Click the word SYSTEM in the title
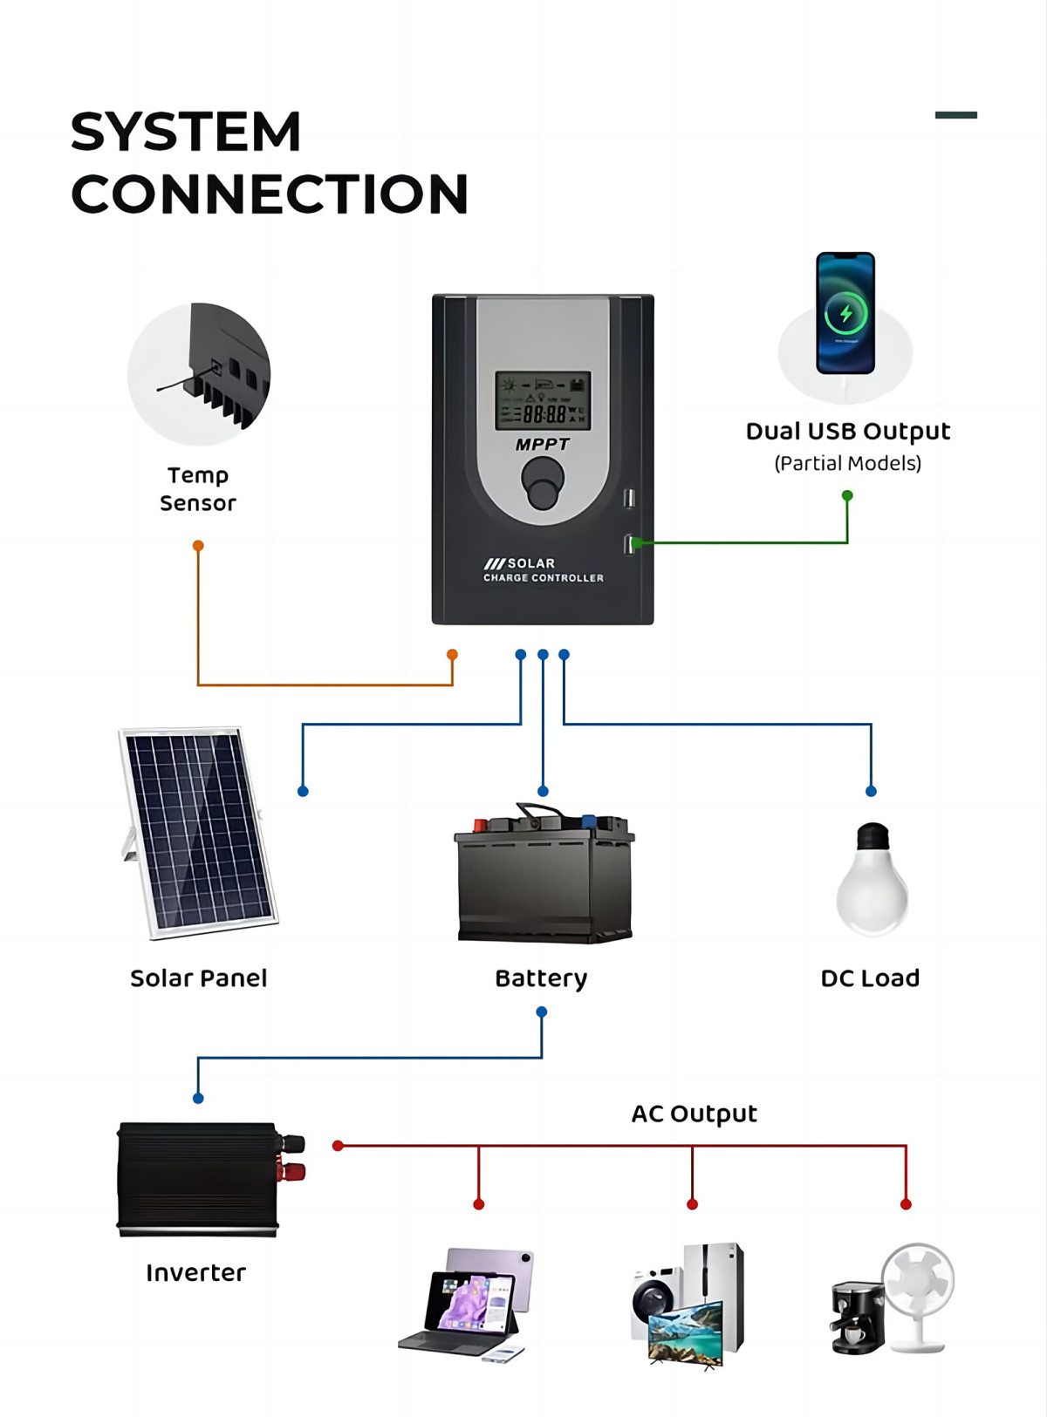[186, 133]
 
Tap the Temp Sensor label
[198, 489]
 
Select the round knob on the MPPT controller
[543, 482]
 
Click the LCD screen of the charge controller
[543, 400]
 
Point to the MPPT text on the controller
[542, 445]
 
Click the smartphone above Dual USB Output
[845, 313]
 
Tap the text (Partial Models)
[847, 464]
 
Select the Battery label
[541, 978]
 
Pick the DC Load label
[870, 978]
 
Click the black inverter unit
[199, 1178]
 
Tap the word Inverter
[196, 1273]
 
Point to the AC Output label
[694, 1114]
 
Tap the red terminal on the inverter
[293, 1171]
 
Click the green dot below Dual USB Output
[847, 495]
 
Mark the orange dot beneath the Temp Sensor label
[198, 546]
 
